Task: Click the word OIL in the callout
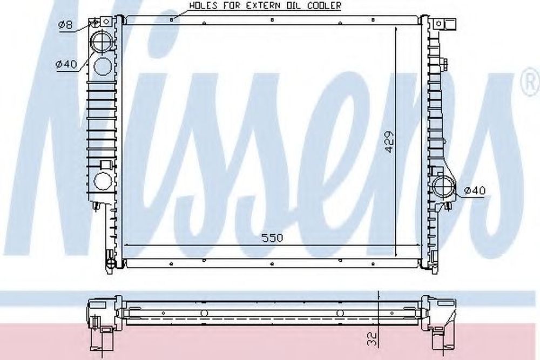(301, 5)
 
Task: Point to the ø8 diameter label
(65, 24)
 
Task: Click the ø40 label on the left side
(67, 64)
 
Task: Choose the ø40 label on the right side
(475, 190)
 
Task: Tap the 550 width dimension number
(272, 237)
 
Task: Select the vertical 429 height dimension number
(389, 141)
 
